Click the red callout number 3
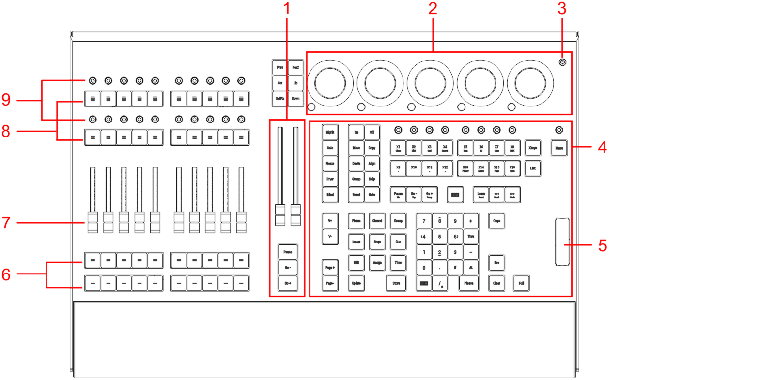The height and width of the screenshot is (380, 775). click(x=561, y=8)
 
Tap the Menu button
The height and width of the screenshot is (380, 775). click(x=559, y=148)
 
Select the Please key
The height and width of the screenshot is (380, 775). click(x=469, y=283)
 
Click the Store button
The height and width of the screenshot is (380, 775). click(x=396, y=283)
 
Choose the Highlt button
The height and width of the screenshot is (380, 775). click(x=330, y=132)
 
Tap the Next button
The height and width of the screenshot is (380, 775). click(x=295, y=68)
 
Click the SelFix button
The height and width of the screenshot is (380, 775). click(x=280, y=99)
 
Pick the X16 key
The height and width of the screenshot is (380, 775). click(x=512, y=168)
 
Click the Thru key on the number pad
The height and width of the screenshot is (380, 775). click(x=471, y=237)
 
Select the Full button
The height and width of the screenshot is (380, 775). click(x=521, y=283)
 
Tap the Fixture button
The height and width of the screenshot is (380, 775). click(x=356, y=221)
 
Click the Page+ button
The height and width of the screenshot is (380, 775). click(x=330, y=268)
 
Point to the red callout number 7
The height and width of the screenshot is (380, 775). click(x=6, y=223)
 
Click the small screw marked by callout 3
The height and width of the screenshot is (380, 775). click(x=562, y=62)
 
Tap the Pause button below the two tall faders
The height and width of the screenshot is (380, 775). click(x=288, y=252)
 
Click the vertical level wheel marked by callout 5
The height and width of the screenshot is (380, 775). click(x=562, y=242)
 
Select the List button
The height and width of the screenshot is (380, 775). click(x=533, y=168)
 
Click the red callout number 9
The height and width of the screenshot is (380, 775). click(x=6, y=100)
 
